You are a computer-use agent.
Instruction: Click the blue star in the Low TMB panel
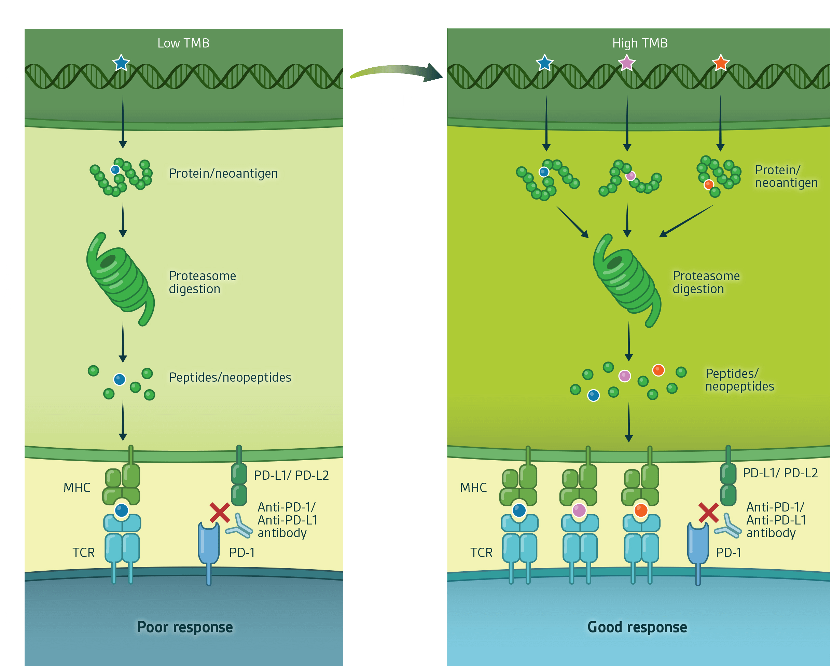121,63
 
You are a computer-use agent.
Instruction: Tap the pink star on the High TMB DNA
626,63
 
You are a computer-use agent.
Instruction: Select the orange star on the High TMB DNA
720,63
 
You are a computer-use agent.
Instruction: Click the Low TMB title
183,43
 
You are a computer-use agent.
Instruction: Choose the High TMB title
640,43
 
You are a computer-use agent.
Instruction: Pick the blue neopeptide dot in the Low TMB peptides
120,380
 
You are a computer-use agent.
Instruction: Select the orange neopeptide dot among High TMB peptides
658,370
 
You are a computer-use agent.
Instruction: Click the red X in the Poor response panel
220,513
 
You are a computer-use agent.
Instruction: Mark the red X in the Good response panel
708,513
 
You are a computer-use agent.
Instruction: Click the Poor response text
185,627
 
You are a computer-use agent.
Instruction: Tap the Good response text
637,627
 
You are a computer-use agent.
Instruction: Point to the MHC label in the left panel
77,488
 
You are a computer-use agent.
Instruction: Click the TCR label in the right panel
481,553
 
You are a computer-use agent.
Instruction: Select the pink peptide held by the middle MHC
579,510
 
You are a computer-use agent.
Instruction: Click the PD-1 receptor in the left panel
209,544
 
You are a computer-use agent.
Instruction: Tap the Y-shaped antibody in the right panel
728,526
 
